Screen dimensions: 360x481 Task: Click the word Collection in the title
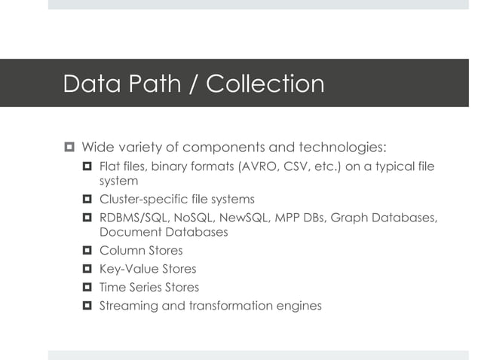[265, 84]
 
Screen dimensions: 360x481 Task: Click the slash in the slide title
[190, 84]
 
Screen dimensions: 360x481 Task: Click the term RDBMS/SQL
[134, 218]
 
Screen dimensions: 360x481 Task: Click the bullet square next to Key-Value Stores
[87, 269]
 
